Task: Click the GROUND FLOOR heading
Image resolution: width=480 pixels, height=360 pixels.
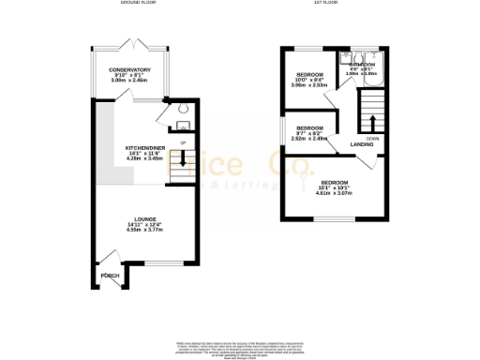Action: coord(138,4)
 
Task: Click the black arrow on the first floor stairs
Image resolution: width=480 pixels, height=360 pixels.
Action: coord(372,124)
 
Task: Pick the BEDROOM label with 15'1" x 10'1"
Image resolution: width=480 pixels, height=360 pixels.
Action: coord(334,182)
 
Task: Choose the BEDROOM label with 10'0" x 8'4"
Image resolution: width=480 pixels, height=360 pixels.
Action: coord(309,74)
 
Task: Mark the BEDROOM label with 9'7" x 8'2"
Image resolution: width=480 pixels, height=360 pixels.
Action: coord(309,127)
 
